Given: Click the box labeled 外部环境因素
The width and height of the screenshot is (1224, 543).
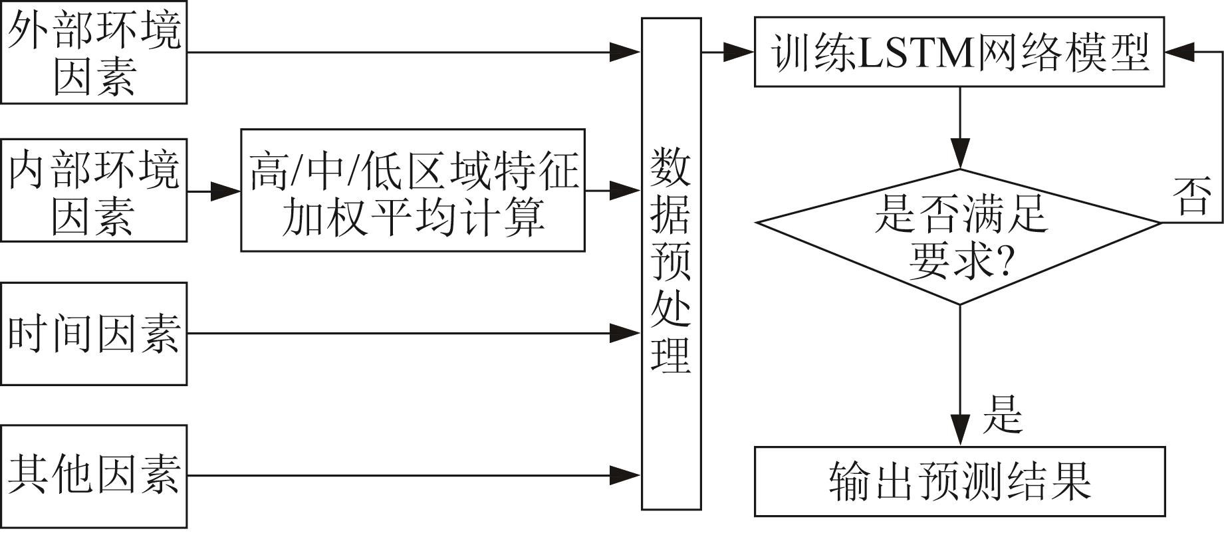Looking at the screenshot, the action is point(94,52).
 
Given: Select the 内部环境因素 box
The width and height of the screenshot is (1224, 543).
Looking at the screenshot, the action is point(94,190).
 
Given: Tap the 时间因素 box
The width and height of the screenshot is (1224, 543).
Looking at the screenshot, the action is point(94,334).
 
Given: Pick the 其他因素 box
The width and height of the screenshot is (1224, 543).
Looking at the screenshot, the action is point(94,477).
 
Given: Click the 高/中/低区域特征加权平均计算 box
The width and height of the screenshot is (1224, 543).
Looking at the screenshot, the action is point(413,190).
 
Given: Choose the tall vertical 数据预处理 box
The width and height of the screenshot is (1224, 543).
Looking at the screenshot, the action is point(671,264).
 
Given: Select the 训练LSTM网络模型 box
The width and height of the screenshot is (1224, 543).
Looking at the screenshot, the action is point(959,52).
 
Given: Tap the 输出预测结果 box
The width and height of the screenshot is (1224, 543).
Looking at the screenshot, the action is point(960,481).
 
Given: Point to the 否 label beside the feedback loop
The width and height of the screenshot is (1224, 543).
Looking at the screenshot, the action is point(1191,197).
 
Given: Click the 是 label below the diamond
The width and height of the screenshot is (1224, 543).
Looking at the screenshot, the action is point(1003,414).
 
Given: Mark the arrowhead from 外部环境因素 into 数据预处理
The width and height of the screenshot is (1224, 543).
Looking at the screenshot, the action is point(626,52).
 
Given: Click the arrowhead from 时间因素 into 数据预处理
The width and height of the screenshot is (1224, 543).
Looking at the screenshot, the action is point(626,334).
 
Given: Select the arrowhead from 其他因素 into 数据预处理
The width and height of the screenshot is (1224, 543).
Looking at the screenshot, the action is point(626,475).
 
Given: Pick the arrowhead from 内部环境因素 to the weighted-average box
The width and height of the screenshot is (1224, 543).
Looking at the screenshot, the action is point(225,191).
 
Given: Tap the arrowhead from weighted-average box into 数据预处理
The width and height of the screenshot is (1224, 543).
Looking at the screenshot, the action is point(626,191).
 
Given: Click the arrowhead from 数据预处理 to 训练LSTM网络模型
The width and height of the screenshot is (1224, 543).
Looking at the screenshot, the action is point(739,52).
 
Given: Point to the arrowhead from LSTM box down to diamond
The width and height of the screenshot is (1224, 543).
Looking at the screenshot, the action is point(960,154).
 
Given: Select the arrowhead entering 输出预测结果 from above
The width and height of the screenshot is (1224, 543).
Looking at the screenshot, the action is point(960,431).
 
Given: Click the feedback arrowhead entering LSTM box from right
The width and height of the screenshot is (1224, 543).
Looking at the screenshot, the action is point(1180,52).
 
